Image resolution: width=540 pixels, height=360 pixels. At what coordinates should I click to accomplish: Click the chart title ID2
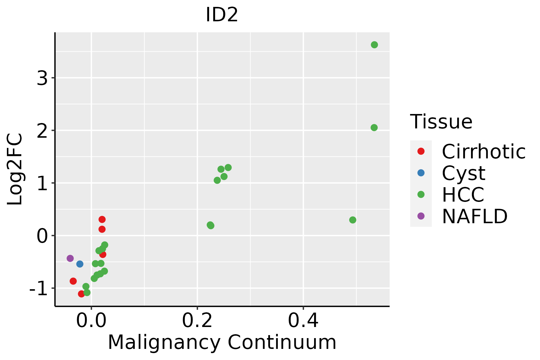222,15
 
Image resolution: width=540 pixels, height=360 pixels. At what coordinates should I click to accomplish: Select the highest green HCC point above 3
374,45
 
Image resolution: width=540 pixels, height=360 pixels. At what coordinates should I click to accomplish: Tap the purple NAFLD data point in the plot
70,258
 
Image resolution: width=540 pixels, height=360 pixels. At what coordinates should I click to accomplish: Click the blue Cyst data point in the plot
80,264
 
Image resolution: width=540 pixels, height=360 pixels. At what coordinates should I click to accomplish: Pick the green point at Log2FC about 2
374,127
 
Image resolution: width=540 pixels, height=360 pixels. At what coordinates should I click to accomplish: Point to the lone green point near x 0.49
353,220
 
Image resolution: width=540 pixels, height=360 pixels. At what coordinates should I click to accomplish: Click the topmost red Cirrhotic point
102,219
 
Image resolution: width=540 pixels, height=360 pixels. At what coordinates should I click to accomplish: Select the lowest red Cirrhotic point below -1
81,294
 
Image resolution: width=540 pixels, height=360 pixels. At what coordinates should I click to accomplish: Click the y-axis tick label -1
39,289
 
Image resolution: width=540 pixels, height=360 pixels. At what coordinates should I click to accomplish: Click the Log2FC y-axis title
15,169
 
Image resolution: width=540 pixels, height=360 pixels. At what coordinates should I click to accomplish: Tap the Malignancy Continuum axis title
222,342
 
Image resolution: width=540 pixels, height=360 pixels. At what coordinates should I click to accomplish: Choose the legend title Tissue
441,122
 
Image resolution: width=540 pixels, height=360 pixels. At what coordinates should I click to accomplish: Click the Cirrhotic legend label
484,151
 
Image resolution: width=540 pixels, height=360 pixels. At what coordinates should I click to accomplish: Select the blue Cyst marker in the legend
421,173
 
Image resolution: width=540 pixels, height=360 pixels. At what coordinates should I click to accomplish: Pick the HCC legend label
463,195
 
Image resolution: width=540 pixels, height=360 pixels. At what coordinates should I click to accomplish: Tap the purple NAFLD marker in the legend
421,216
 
